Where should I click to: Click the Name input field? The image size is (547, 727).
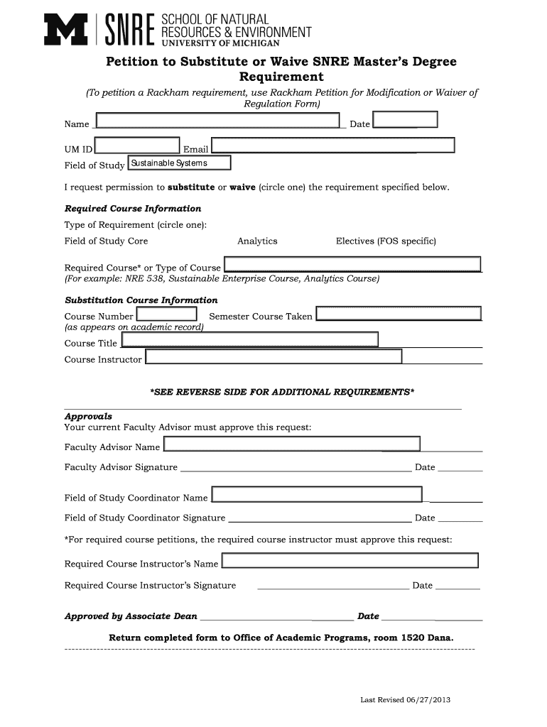(x=217, y=121)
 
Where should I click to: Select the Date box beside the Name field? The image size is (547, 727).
(x=405, y=119)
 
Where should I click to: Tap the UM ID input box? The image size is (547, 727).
(x=137, y=146)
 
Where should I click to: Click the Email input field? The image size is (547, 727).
(x=332, y=146)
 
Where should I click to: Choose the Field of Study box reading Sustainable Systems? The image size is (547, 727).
(x=179, y=163)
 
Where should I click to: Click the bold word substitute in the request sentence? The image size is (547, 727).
(x=190, y=187)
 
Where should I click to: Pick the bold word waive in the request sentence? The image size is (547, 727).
(x=242, y=187)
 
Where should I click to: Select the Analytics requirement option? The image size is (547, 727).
(x=257, y=241)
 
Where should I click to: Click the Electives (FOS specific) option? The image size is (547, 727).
(x=386, y=241)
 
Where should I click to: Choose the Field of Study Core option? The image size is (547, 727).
(x=107, y=241)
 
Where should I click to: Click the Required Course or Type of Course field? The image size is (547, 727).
(x=352, y=265)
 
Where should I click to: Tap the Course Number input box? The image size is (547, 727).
(x=166, y=314)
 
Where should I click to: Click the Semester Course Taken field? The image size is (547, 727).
(x=399, y=314)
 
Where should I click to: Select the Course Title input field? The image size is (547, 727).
(x=249, y=340)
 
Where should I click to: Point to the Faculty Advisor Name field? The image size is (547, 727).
(x=292, y=444)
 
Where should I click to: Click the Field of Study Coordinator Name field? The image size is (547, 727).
(x=317, y=495)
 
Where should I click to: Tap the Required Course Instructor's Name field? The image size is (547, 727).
(x=350, y=561)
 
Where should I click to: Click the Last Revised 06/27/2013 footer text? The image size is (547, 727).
(x=405, y=700)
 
